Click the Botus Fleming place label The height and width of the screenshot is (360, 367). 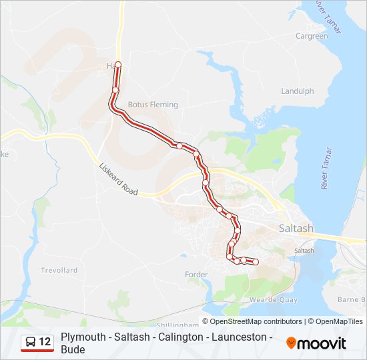153,105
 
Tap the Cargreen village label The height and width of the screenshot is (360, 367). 312,36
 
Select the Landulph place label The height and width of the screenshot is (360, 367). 297,91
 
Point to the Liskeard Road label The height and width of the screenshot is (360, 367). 118,180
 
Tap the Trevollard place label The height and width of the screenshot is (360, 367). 59,270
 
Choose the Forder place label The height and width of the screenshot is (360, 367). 197,274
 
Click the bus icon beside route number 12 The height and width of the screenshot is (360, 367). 31,342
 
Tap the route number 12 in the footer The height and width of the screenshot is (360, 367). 45,342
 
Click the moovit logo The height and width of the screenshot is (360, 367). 316,343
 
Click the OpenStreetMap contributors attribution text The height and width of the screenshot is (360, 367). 256,321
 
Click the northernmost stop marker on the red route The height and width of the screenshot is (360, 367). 118,65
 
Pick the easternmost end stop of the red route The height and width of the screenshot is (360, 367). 255,262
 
